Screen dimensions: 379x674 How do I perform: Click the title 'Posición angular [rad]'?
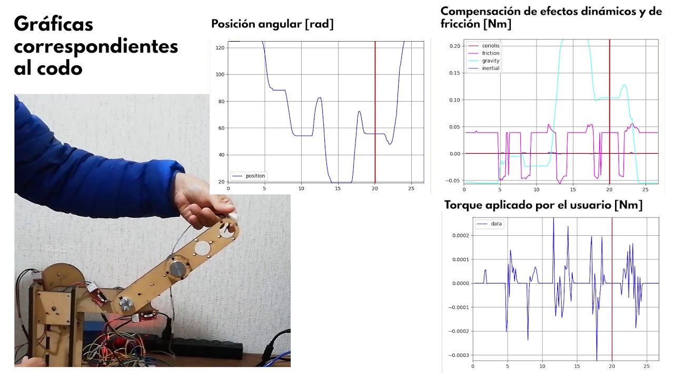tap(272, 24)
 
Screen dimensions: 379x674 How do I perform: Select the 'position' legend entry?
tap(255, 176)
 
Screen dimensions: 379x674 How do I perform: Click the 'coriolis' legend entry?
tap(491, 46)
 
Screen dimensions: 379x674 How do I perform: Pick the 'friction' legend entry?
tap(491, 53)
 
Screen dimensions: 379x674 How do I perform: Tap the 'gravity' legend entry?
tap(491, 61)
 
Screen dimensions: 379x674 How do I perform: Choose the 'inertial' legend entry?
tap(491, 68)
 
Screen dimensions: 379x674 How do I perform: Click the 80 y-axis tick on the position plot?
tap(221, 102)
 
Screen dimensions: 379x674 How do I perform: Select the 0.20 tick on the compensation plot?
tap(454, 46)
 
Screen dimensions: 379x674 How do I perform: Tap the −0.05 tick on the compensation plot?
tap(453, 181)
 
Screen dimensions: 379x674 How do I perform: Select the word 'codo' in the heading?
tap(60, 68)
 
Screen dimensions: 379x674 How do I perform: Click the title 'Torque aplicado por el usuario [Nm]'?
tap(543, 205)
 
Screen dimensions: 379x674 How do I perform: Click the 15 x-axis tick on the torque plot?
tap(577, 366)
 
